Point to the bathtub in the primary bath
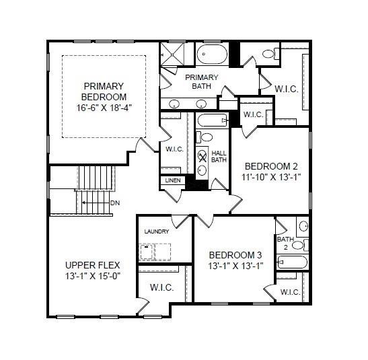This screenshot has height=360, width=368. point(212,55)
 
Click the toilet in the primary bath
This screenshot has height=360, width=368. point(268,53)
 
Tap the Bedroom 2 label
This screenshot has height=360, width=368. point(271,166)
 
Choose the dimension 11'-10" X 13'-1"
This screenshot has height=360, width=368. point(271,177)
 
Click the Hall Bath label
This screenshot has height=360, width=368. point(219,156)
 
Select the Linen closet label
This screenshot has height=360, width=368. point(172,181)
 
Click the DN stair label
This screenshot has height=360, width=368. point(115,202)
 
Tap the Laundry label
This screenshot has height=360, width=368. point(157,232)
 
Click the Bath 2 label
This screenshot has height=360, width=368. point(285,243)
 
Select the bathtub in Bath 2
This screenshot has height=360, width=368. point(292,262)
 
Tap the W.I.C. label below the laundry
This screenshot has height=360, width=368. point(161,287)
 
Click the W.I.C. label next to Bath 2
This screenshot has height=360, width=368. point(291,292)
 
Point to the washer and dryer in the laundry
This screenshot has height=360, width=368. point(155,252)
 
